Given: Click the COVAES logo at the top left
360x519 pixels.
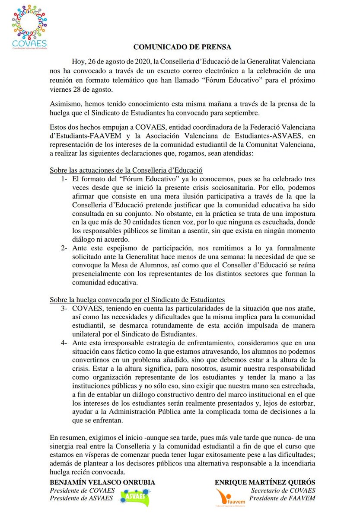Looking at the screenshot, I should click(29, 27).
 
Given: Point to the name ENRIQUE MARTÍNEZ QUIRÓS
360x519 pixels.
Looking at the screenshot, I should click(265, 482).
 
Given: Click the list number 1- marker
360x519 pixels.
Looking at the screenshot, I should click(64, 179).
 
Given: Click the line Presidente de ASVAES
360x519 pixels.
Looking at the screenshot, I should click(82, 499).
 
